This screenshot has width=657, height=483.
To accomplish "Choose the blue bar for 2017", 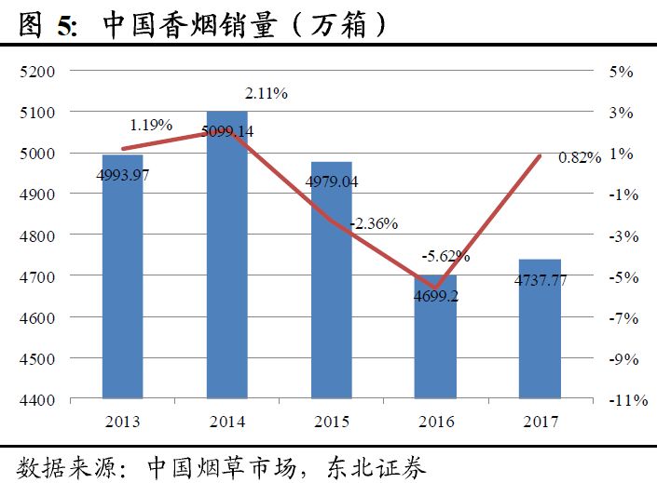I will pyautogui.click(x=541, y=330).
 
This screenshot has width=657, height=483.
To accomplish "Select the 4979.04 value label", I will pyautogui.click(x=331, y=182).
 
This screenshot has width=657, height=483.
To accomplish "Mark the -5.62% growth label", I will pyautogui.click(x=445, y=255).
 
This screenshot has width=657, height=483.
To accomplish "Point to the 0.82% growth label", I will pyautogui.click(x=579, y=158).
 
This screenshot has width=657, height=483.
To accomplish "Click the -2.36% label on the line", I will pyautogui.click(x=374, y=223).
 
